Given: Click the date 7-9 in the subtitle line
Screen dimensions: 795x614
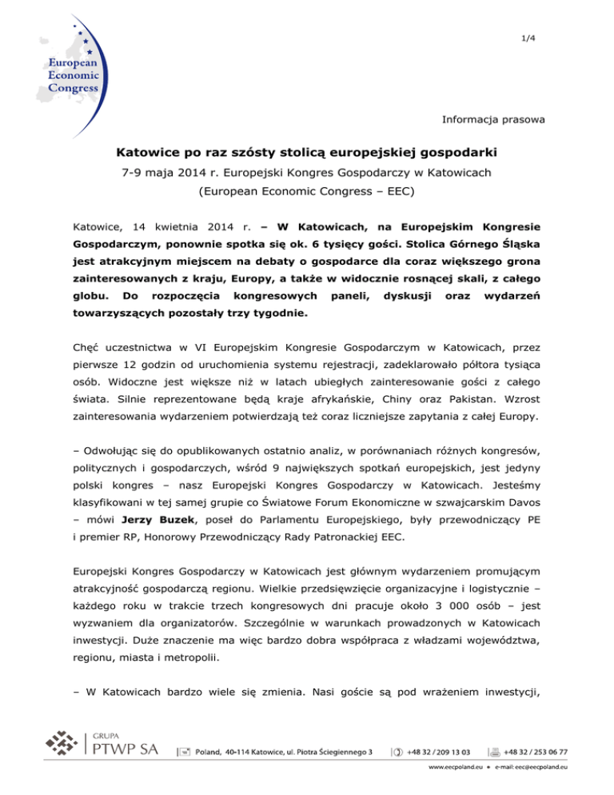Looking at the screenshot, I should pyautogui.click(x=193, y=172).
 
